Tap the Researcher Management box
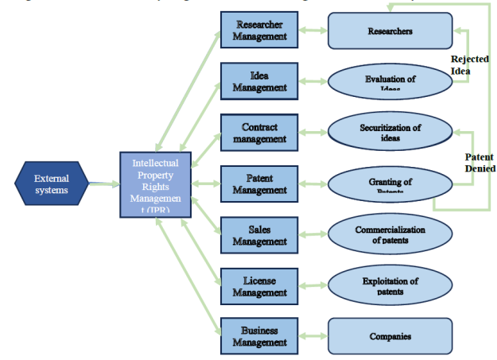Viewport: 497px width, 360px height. click(259, 30)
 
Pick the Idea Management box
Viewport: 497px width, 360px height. click(259, 81)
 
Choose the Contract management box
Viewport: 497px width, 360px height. click(259, 132)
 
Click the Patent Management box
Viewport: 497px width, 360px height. click(259, 183)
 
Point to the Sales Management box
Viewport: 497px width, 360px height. click(259, 234)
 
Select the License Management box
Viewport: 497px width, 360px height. click(259, 285)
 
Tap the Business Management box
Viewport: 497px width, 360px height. click(259, 335)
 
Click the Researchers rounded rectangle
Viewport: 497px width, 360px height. click(390, 31)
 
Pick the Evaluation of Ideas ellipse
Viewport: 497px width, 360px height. click(390, 81)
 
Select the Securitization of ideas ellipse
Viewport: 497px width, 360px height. click(390, 132)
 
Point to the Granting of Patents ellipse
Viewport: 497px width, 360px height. click(390, 184)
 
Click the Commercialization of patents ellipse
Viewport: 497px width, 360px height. click(390, 234)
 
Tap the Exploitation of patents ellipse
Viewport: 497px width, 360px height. click(390, 285)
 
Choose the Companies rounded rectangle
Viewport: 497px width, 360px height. click(390, 336)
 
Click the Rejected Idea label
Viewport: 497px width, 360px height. click(469, 64)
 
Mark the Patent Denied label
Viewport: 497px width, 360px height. click(480, 163)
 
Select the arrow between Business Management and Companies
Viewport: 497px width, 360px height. click(311, 335)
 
